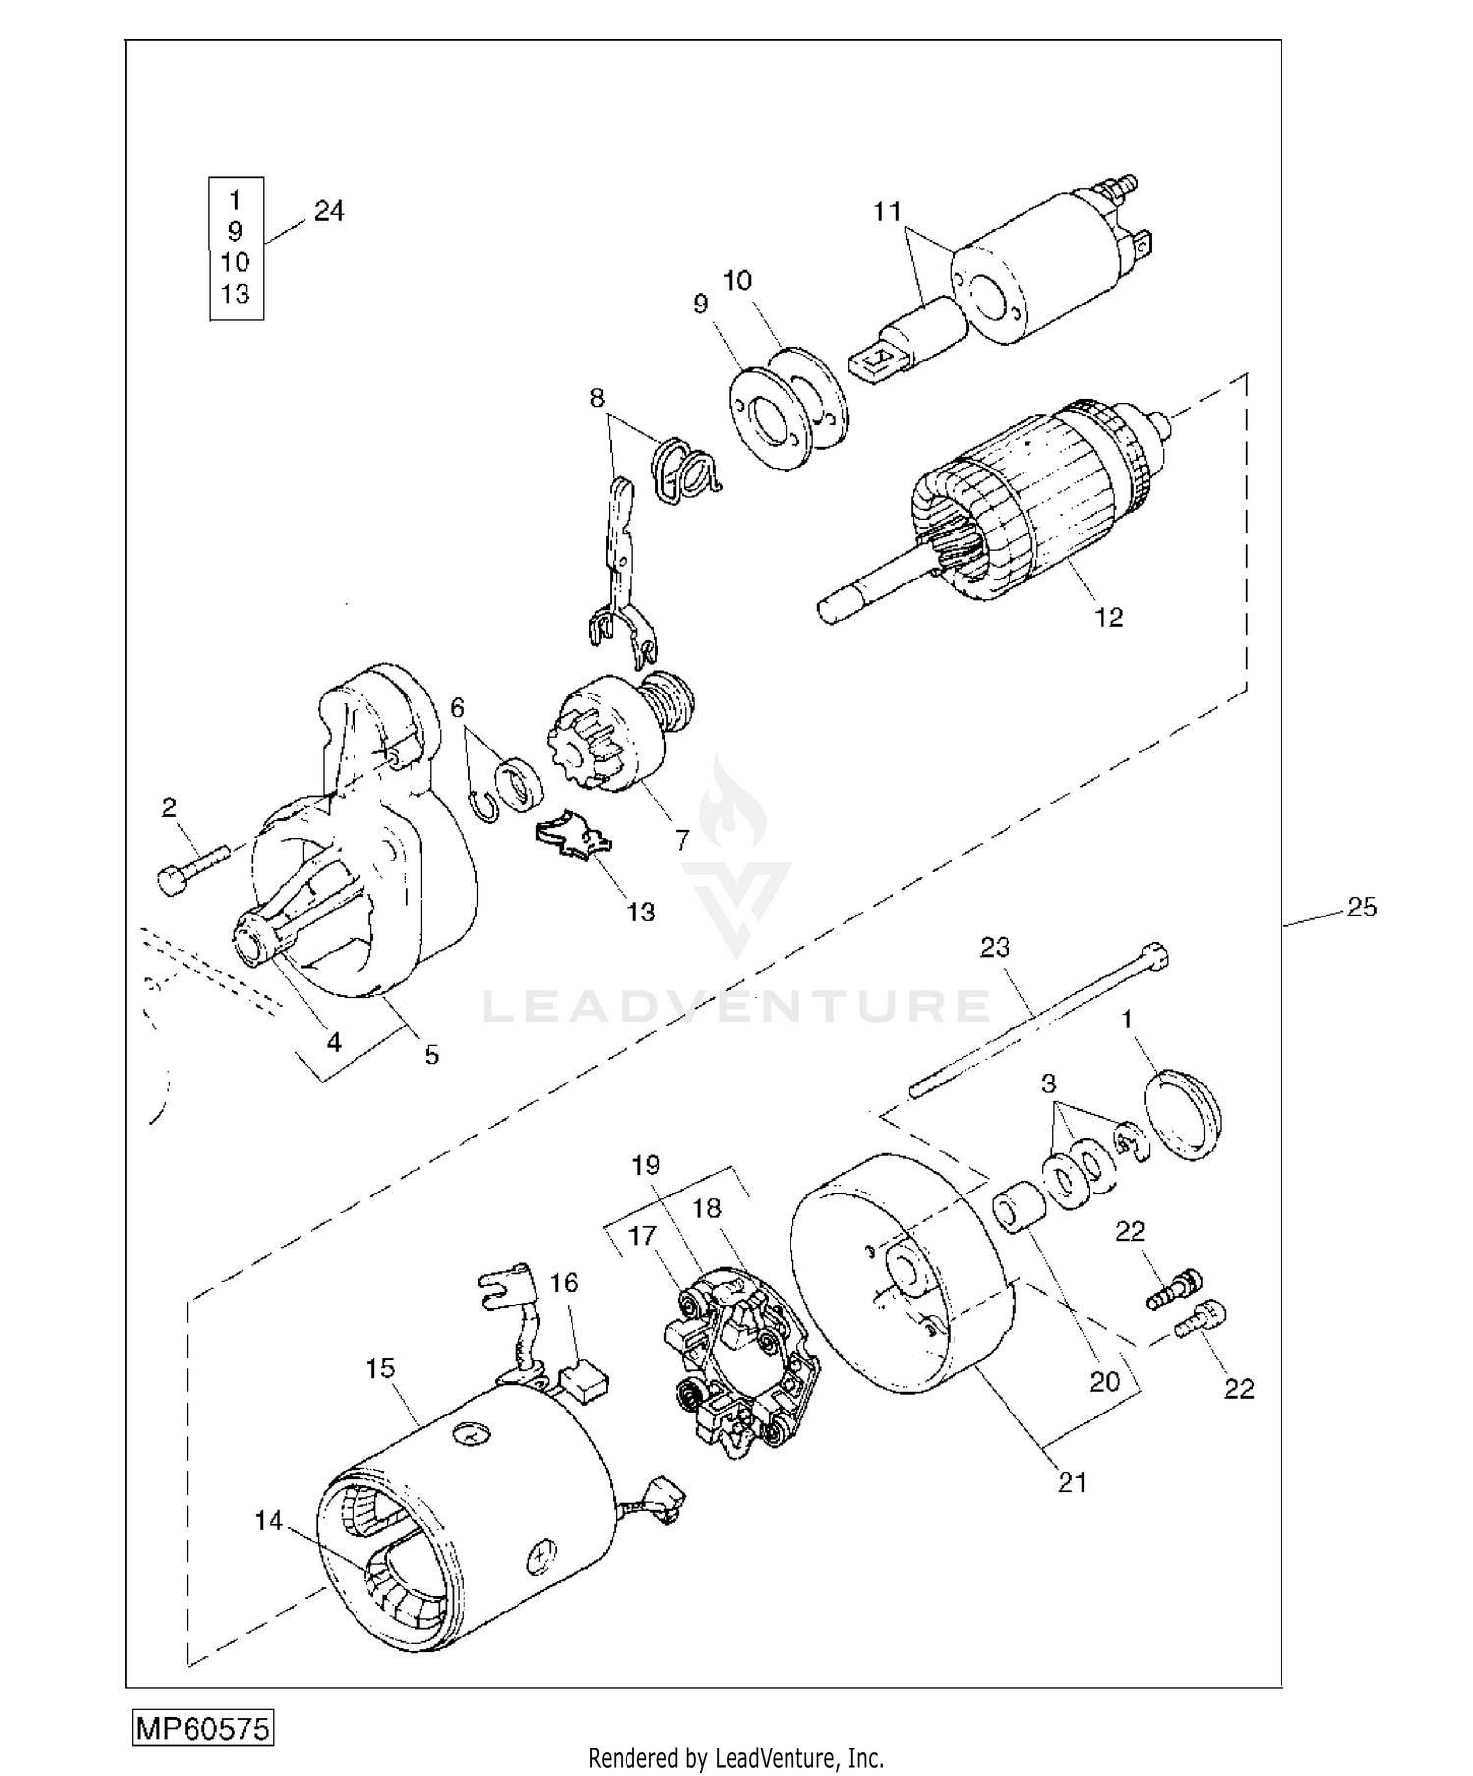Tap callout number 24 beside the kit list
click(329, 211)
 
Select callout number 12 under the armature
click(1109, 617)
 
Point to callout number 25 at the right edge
click(1362, 907)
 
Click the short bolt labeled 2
click(191, 865)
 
